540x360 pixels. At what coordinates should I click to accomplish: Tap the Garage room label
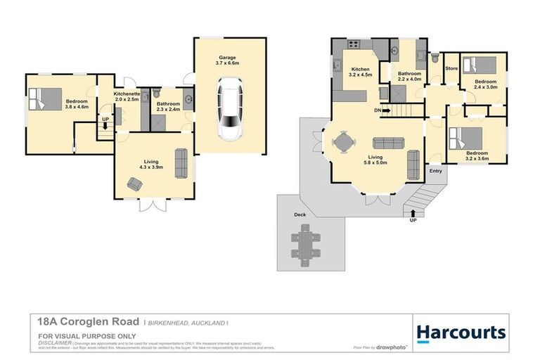[226, 60]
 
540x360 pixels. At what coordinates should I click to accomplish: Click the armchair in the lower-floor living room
[134, 184]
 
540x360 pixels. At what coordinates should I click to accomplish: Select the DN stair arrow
[382, 110]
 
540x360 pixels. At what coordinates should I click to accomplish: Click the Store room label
[451, 68]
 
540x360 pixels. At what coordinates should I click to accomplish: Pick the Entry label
[436, 170]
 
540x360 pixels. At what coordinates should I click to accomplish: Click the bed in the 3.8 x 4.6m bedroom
[46, 98]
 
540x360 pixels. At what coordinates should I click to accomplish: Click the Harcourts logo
[461, 332]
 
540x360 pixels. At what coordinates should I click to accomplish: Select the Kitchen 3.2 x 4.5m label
[360, 72]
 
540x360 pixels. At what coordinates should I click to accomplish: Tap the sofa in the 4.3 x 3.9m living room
[181, 163]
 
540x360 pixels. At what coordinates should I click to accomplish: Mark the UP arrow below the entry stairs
[413, 215]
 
